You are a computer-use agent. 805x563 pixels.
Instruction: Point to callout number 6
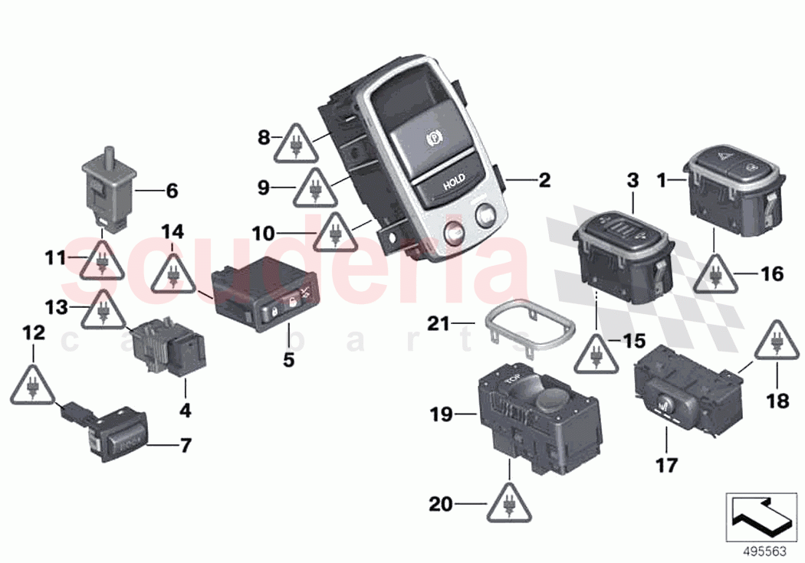tap(171, 191)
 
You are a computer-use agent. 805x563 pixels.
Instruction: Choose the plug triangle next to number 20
tap(508, 500)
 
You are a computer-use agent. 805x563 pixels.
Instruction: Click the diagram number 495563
tap(762, 548)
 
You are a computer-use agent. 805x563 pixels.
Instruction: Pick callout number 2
tap(544, 181)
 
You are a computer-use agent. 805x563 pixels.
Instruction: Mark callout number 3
tap(632, 181)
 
